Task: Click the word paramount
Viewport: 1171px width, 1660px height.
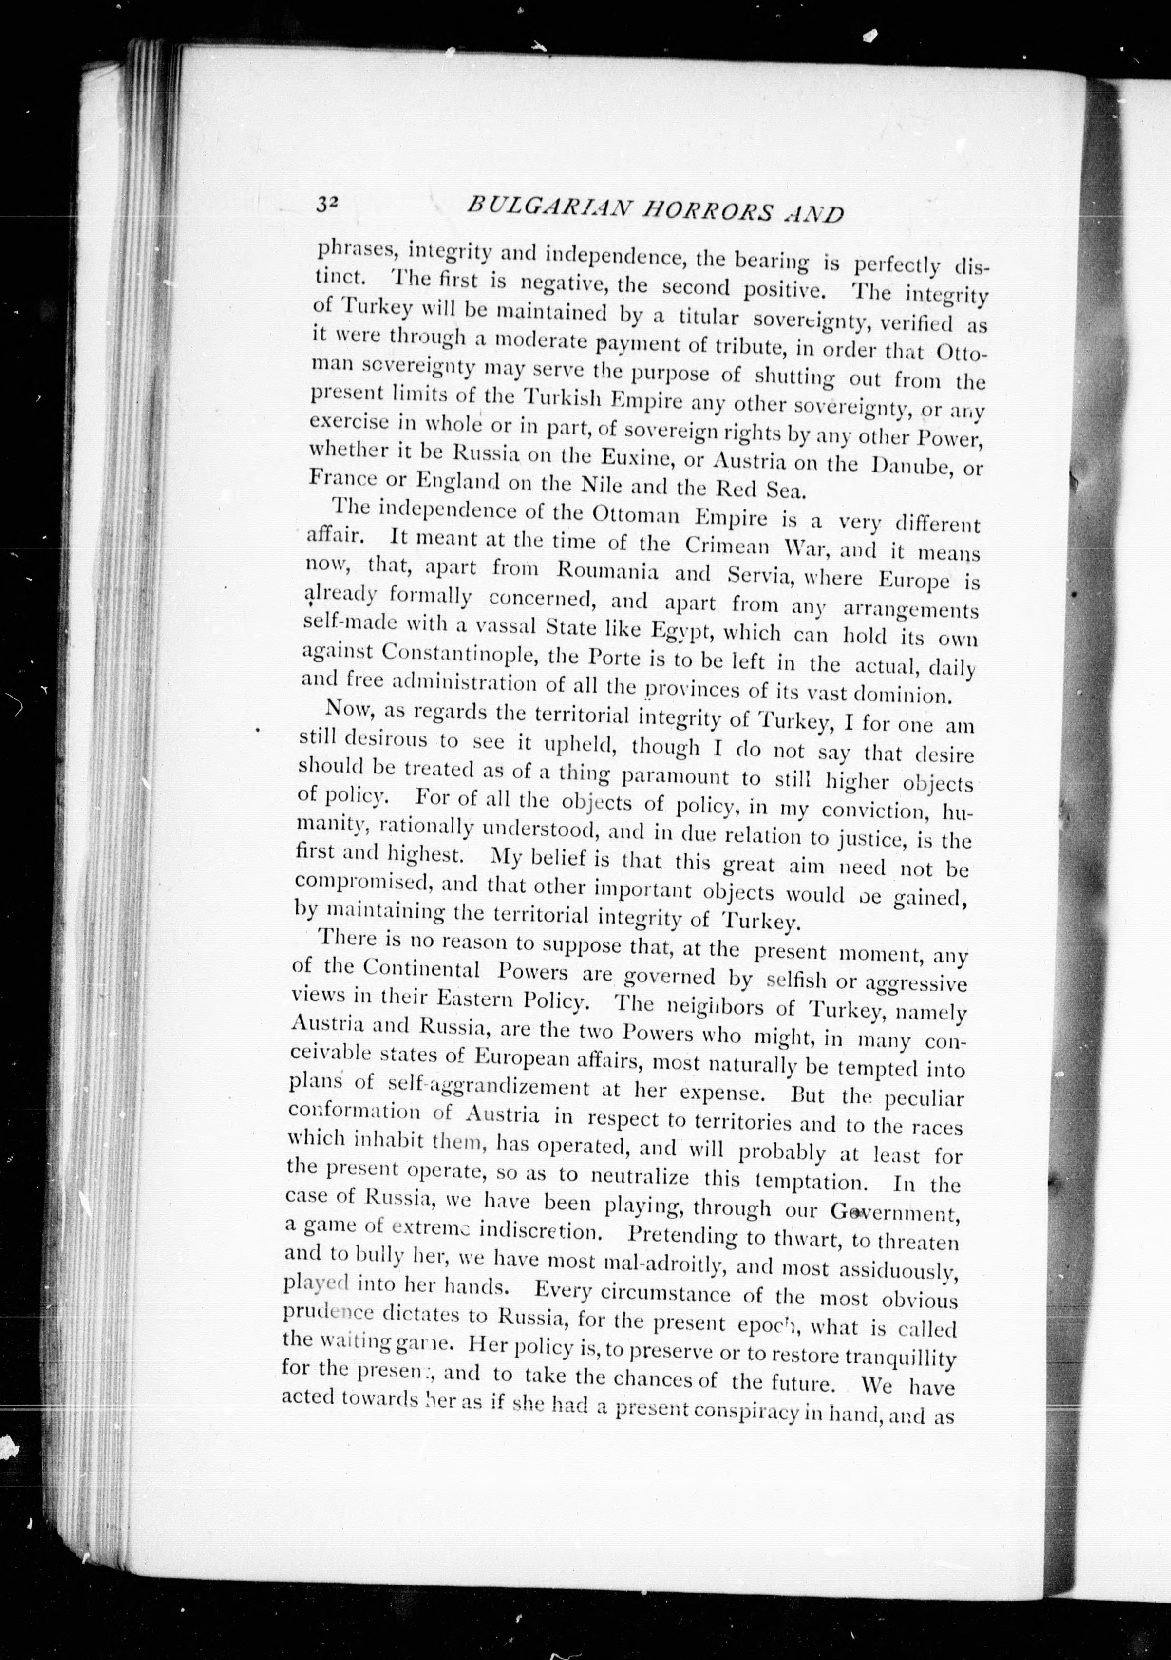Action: pos(665,776)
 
